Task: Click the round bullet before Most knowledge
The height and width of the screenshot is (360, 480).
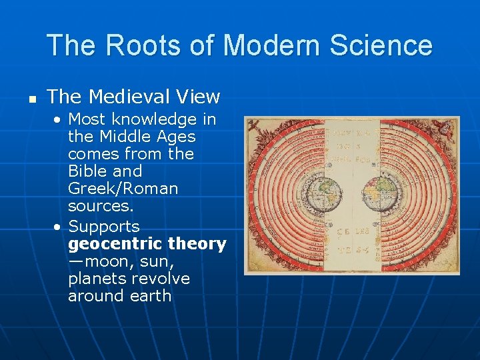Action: (x=58, y=120)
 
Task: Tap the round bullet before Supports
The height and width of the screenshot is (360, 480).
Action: (x=58, y=227)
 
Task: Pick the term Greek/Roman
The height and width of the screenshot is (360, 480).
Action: (x=123, y=189)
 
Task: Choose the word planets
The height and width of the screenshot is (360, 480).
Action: (x=101, y=279)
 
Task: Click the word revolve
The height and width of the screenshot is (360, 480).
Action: (x=166, y=279)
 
